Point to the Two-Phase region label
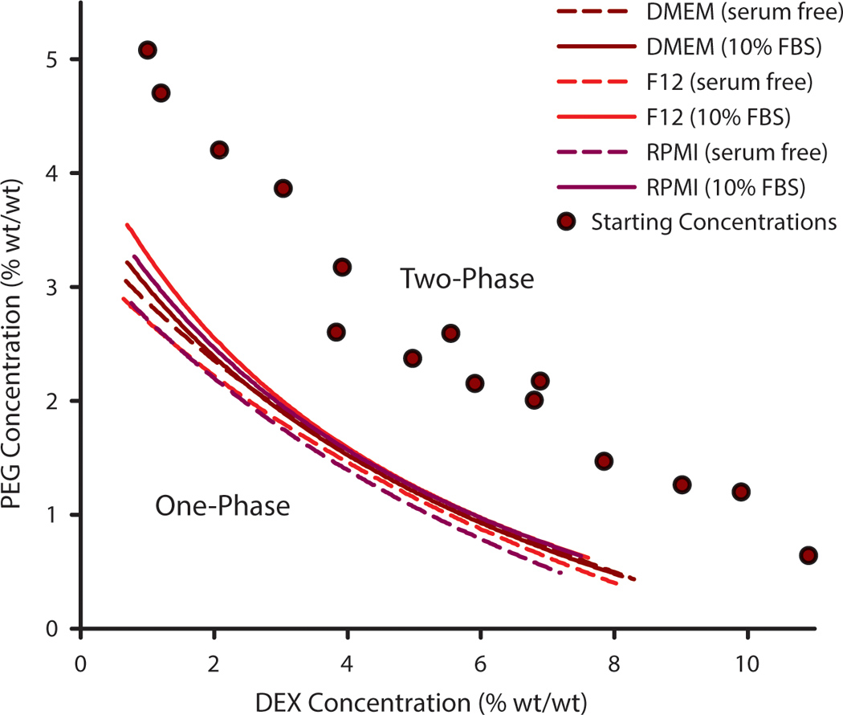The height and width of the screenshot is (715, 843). pos(467,280)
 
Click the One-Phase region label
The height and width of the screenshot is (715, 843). pos(222,507)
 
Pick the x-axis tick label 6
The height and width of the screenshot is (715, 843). pos(480,666)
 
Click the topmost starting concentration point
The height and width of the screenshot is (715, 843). pos(147,50)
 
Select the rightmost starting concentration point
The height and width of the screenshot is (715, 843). pos(808,555)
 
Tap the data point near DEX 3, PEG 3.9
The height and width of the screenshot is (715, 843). pos(283,188)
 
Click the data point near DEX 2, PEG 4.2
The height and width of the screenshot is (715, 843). pos(218,149)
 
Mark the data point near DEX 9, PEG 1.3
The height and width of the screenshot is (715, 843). pos(682,484)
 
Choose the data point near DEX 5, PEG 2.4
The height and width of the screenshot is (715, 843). pos(413,358)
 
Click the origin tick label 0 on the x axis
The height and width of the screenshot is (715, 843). pos(80,666)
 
